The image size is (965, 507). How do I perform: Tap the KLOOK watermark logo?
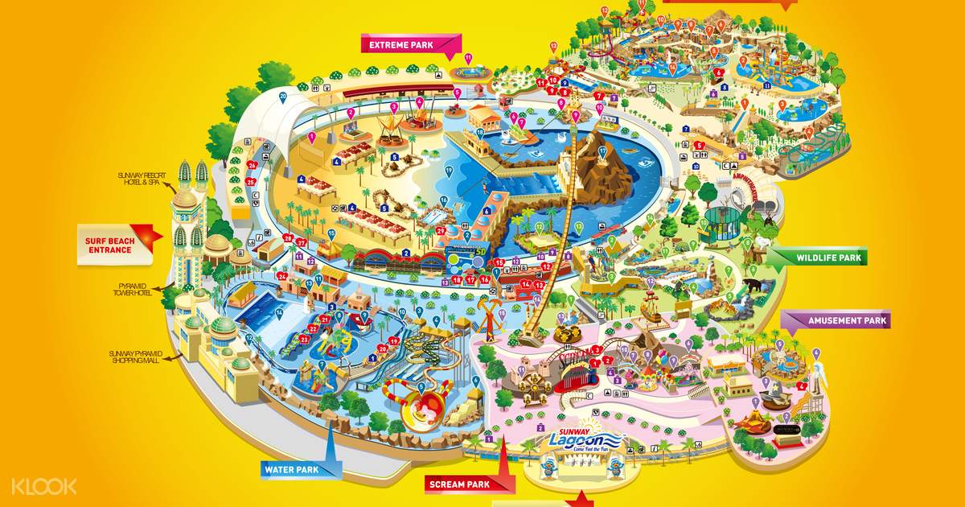pos(44,485)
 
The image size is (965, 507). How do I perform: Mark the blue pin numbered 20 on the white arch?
pos(283,97)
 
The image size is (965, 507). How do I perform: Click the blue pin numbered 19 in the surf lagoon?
pos(448,173)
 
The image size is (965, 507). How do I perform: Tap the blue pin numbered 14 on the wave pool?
pos(278,311)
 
